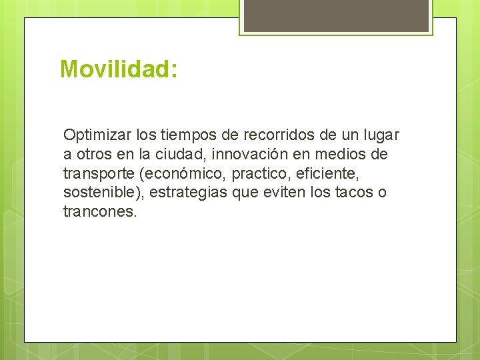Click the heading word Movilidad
click(x=117, y=69)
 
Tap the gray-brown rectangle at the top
click(x=336, y=15)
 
